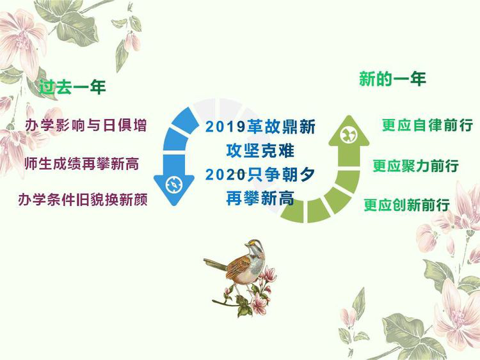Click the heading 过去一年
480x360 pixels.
point(72,87)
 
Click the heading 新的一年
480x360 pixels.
point(392,79)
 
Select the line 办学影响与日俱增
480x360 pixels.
point(86,125)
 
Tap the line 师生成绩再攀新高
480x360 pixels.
point(82,164)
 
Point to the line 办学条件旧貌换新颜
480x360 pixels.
point(83,200)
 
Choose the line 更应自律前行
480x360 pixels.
point(428,125)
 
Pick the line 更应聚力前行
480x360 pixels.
point(416,166)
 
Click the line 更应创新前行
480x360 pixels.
point(407,205)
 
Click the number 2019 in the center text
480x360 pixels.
point(226,127)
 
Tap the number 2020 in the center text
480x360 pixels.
point(226,175)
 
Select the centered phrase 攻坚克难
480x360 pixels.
point(260,151)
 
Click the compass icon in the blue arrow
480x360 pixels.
point(174,184)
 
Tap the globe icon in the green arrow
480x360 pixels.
point(349,135)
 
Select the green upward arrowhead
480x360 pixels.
point(349,132)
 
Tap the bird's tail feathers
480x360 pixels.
point(215,264)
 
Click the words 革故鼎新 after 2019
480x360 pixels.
point(282,127)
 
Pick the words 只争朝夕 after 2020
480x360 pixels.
point(282,175)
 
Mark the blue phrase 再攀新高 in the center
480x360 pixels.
point(260,198)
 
